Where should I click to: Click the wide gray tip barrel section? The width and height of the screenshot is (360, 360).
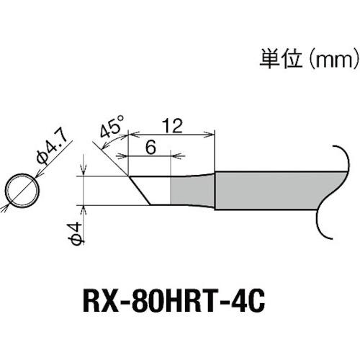[x=266, y=190]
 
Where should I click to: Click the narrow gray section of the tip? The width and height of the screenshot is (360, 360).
[x=192, y=189]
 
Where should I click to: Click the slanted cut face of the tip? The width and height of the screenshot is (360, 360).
[x=140, y=190]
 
